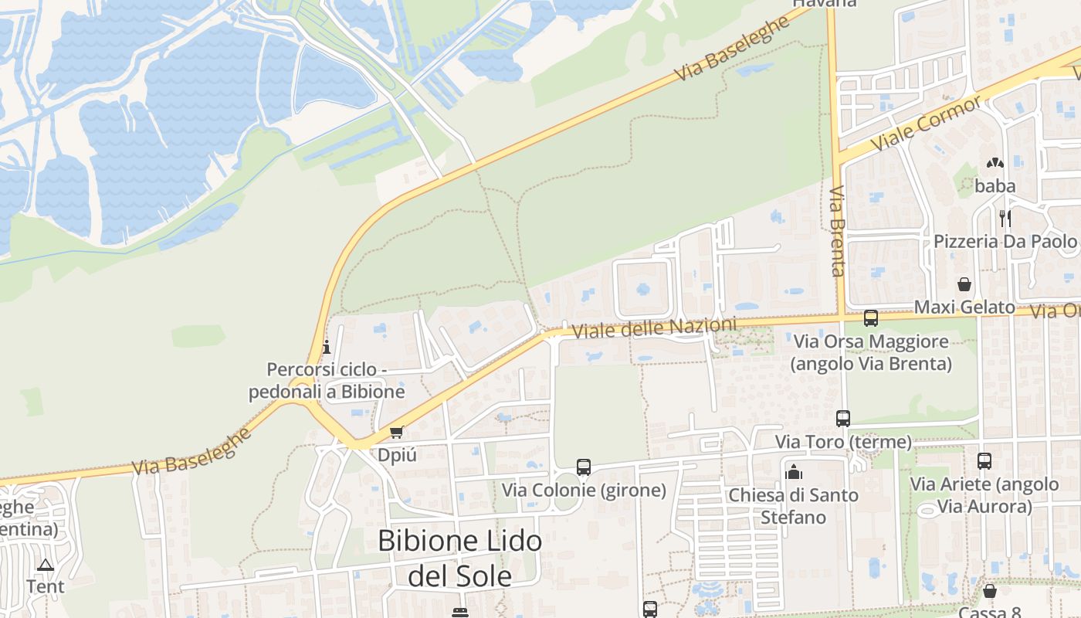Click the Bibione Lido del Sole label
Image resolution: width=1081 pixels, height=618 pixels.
click(x=459, y=558)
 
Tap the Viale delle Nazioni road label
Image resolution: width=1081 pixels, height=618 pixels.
click(x=654, y=328)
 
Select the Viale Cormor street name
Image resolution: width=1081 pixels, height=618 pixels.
click(x=926, y=124)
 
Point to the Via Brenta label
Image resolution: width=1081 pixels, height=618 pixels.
click(x=838, y=231)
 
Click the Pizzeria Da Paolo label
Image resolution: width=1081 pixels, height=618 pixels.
click(x=1005, y=242)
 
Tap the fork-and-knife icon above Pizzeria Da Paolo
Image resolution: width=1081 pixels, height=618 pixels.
click(x=1005, y=218)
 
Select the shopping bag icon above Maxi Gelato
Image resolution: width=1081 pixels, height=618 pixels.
click(x=964, y=284)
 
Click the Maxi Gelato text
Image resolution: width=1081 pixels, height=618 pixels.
click(x=964, y=307)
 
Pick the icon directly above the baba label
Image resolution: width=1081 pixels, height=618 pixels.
click(x=995, y=164)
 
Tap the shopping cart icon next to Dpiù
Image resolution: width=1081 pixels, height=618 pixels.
click(x=397, y=432)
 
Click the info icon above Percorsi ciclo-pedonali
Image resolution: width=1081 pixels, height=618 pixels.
click(x=326, y=347)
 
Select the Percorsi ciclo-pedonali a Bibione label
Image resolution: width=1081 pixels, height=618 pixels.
click(x=327, y=381)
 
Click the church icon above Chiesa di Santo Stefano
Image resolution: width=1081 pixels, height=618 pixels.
click(x=793, y=471)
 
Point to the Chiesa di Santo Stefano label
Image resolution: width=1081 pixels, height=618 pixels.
click(x=793, y=506)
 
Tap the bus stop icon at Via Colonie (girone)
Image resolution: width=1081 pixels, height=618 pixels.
click(x=584, y=467)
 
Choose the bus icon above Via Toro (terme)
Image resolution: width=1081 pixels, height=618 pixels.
click(x=843, y=419)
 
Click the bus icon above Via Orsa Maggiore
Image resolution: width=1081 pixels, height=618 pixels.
click(x=871, y=317)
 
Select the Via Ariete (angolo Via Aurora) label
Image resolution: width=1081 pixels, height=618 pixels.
click(x=984, y=495)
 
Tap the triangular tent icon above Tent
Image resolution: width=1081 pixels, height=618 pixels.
click(x=46, y=565)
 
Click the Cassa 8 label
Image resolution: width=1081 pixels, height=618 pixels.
click(x=990, y=612)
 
